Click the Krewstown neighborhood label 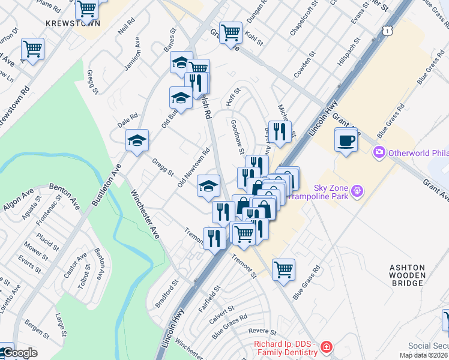coord(73,23)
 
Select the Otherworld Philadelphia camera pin coord(379,152)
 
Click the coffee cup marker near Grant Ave coord(346,141)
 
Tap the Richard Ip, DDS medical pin coord(325,347)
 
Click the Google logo coord(19,353)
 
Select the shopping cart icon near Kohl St coord(231,33)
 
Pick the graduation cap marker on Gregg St coord(137,142)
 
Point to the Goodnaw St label coord(237,133)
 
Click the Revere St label coord(265,331)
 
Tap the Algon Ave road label coord(20,199)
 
